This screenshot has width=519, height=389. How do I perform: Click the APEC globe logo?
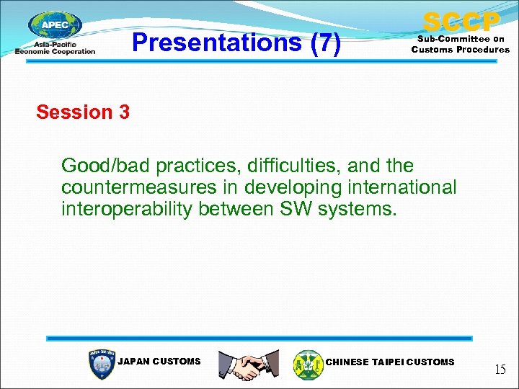pyautogui.click(x=56, y=28)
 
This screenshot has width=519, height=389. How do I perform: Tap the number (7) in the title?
pyautogui.click(x=324, y=44)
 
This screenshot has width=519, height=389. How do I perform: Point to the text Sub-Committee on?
pyautogui.click(x=461, y=39)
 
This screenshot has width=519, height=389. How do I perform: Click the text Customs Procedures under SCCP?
pyautogui.click(x=461, y=50)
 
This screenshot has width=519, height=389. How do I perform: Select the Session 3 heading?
pyautogui.click(x=83, y=112)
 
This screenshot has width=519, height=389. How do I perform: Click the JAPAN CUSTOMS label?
pyautogui.click(x=159, y=362)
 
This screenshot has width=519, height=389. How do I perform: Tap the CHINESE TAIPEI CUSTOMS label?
pyautogui.click(x=390, y=362)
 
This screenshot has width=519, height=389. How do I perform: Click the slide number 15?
pyautogui.click(x=500, y=370)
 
